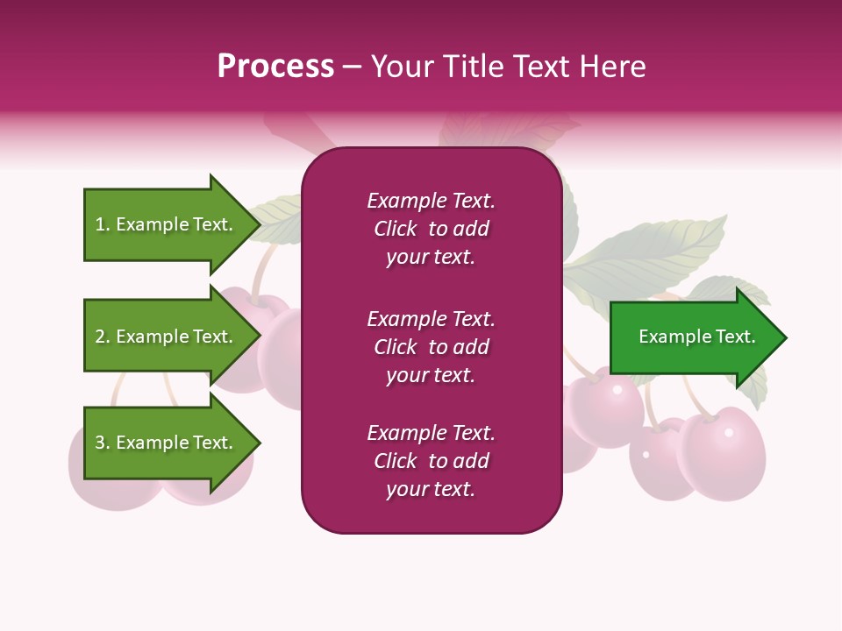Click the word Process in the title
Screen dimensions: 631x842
(275, 67)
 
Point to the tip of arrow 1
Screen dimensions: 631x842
(259, 224)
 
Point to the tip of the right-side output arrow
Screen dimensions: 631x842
(785, 337)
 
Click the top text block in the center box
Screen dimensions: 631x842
(431, 229)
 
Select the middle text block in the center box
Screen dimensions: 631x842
(431, 347)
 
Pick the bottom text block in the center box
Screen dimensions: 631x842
(431, 461)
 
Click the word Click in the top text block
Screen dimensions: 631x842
(395, 229)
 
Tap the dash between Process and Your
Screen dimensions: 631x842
(352, 67)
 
